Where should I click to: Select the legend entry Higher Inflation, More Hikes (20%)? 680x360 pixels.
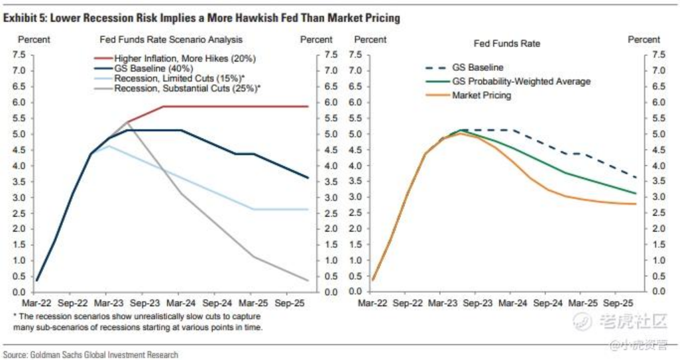click(x=184, y=58)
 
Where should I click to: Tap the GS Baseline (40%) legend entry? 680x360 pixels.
click(x=153, y=68)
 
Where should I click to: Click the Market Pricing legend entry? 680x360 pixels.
click(x=482, y=95)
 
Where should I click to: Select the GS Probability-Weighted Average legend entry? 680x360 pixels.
click(x=521, y=82)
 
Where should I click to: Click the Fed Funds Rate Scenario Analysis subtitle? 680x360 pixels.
click(x=171, y=40)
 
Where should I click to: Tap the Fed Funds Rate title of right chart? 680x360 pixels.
click(x=507, y=43)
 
